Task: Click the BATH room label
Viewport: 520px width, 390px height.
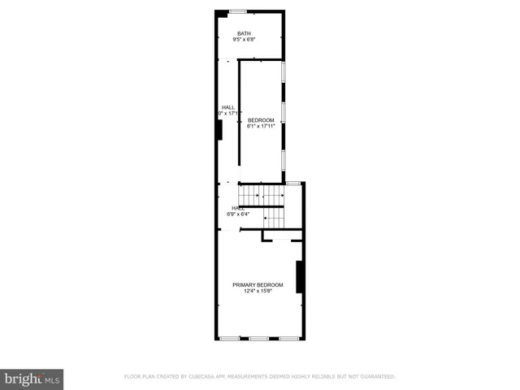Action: pos(245,32)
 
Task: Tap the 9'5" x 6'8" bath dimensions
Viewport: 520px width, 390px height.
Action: pos(245,39)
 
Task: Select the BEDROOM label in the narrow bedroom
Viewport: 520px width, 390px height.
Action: pos(261,119)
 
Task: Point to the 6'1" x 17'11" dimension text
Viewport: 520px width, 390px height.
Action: pos(261,126)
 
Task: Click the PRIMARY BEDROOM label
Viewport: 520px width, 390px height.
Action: pos(258,284)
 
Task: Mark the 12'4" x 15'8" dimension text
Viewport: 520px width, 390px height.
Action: pos(258,291)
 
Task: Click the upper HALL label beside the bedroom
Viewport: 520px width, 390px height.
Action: pos(228,107)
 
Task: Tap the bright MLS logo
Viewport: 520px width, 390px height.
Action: pos(32,379)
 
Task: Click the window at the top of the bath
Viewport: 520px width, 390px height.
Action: pos(237,11)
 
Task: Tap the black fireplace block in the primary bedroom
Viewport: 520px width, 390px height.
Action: pos(300,277)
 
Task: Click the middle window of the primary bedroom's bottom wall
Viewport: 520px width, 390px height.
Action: pos(258,338)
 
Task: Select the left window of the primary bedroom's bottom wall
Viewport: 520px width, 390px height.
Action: pos(230,338)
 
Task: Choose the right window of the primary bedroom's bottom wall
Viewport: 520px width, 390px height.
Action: pos(288,338)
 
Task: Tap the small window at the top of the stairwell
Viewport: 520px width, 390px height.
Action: pos(293,184)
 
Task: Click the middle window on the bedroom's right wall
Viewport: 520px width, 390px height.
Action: pos(283,112)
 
